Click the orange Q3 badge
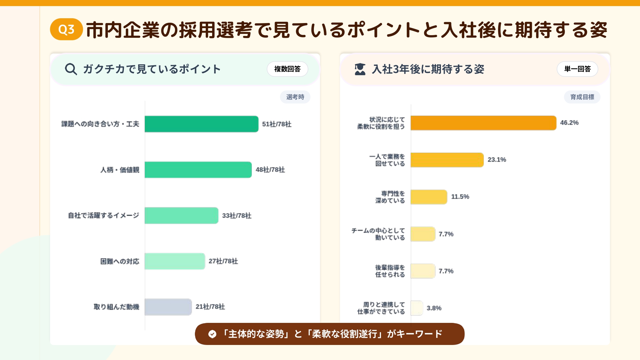click(66, 29)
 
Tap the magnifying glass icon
click(71, 69)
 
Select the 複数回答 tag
click(287, 69)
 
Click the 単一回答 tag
click(577, 69)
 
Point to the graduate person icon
click(360, 69)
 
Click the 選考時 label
click(295, 97)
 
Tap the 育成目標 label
click(582, 97)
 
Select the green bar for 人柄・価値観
click(198, 170)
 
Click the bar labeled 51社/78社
click(201, 124)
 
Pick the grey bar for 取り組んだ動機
click(168, 307)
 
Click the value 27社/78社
click(223, 261)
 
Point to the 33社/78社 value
click(237, 216)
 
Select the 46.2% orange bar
click(483, 123)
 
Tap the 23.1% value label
click(497, 160)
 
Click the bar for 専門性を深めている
click(429, 197)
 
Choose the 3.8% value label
click(434, 308)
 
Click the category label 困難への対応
click(120, 261)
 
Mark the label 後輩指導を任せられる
click(390, 271)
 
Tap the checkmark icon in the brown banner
click(212, 334)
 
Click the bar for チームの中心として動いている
click(423, 234)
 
